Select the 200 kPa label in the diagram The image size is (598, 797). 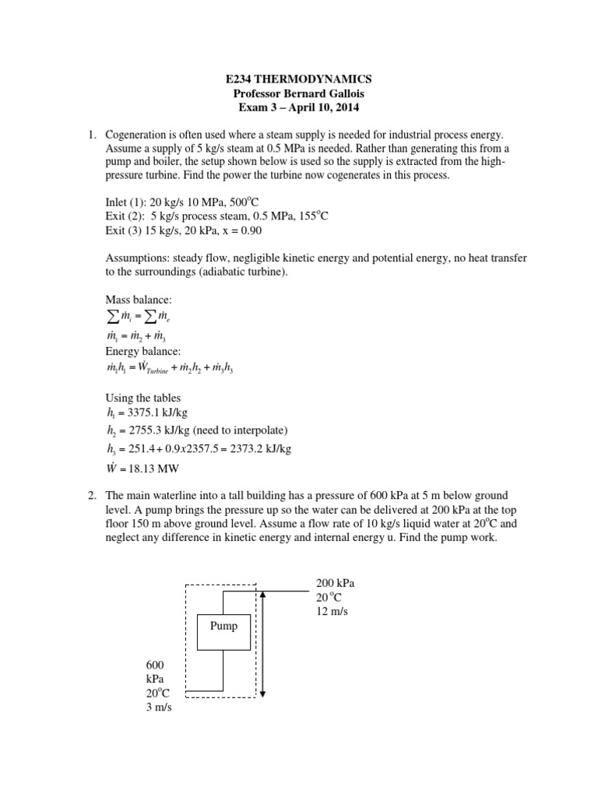coord(335,582)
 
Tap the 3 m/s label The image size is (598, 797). coord(159,710)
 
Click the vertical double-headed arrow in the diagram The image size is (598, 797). coord(265,643)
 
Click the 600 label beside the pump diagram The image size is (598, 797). coord(156,665)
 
